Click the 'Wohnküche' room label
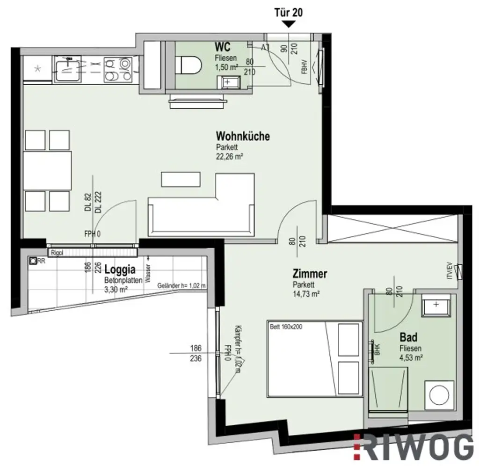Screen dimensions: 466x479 pyautogui.click(x=242, y=136)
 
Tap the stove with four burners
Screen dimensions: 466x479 pyautogui.click(x=118, y=69)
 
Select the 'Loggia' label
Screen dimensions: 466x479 pyautogui.click(x=120, y=270)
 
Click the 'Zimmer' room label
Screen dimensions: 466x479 pyautogui.click(x=310, y=274)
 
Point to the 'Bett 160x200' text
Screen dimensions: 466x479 pyautogui.click(x=286, y=327)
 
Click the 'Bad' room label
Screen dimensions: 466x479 pyautogui.click(x=408, y=337)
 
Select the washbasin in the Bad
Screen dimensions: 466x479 pyautogui.click(x=435, y=306)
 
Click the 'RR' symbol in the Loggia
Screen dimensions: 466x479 pyautogui.click(x=34, y=262)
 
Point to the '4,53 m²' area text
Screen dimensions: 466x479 pyautogui.click(x=411, y=358)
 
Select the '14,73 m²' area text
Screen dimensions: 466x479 pyautogui.click(x=306, y=294)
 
